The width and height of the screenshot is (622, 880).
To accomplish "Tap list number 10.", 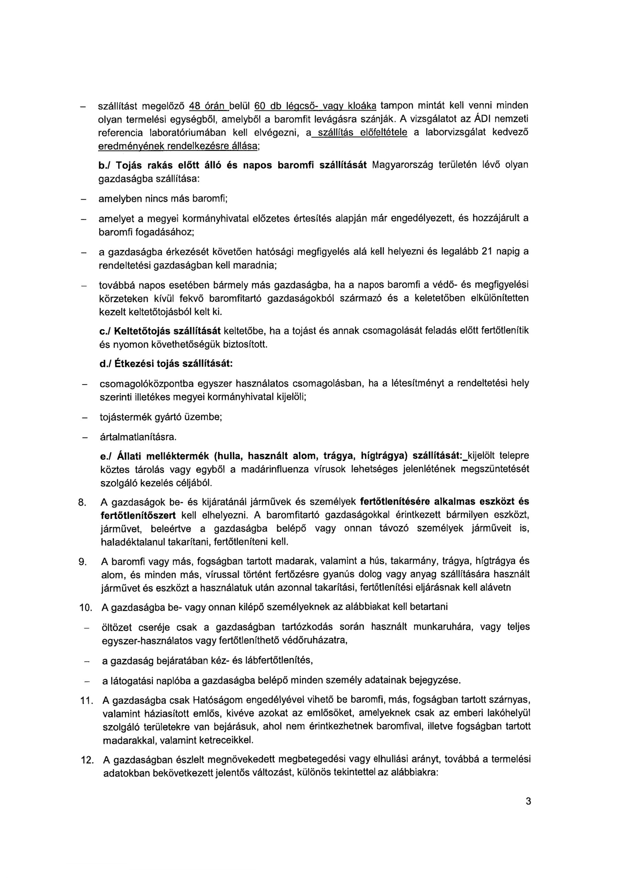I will click(84, 608).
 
